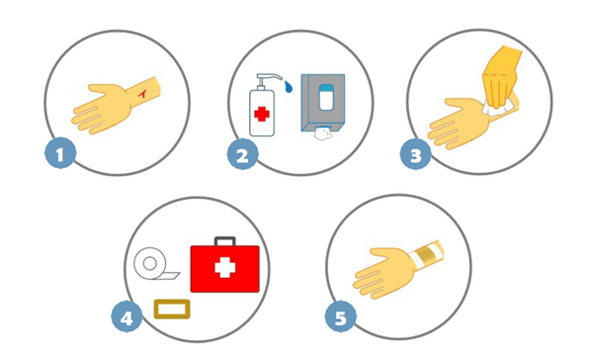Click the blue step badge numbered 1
[x=60, y=153]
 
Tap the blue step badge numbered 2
[x=243, y=154]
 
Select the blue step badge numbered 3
[x=416, y=154]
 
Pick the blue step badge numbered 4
[x=127, y=316]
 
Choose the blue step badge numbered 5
[x=341, y=316]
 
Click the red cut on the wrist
[x=142, y=94]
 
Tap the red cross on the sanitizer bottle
[x=262, y=114]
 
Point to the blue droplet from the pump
[x=289, y=86]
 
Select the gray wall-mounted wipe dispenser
[x=322, y=103]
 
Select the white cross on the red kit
[x=224, y=267]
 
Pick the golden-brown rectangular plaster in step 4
[x=172, y=309]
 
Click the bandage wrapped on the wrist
[x=425, y=254]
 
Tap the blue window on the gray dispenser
[x=325, y=97]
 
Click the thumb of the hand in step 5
[x=384, y=253]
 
